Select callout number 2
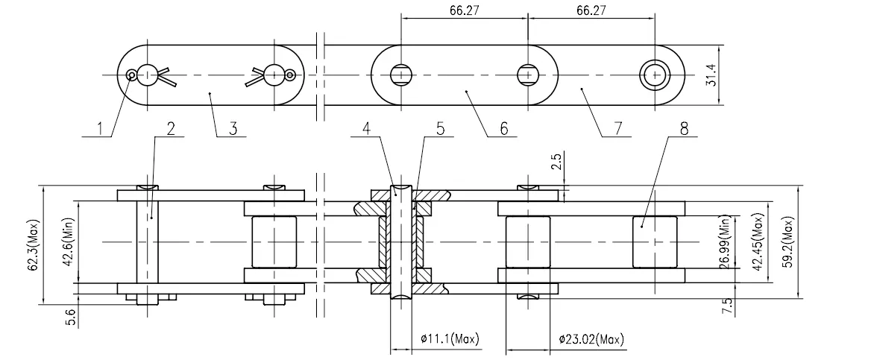170,127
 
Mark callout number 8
684,127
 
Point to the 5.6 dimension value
70,315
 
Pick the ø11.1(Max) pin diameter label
445,340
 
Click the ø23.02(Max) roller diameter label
591,340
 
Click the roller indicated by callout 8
655,241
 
